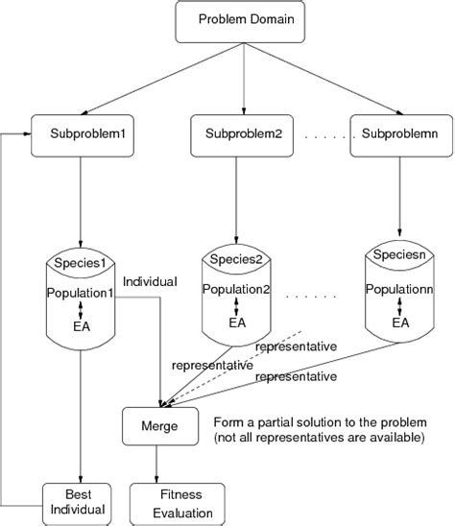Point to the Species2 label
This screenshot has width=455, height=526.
coord(236,258)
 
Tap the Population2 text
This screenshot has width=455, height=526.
coord(237,289)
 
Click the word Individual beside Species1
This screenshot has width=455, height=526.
coord(151,281)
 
